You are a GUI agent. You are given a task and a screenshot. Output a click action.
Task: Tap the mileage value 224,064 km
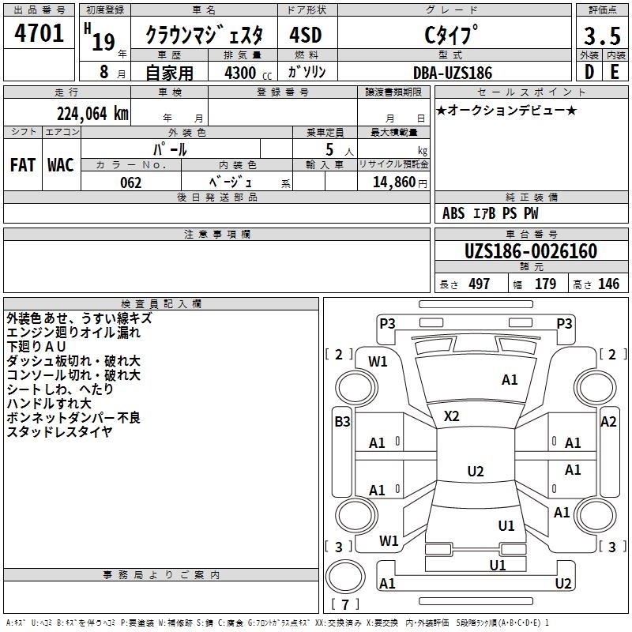pyautogui.click(x=92, y=113)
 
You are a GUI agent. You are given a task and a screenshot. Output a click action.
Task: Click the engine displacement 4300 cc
pyautogui.click(x=241, y=72)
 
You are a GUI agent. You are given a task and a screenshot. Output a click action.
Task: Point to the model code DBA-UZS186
pyautogui.click(x=453, y=72)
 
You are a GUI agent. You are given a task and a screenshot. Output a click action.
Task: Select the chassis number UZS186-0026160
pyautogui.click(x=531, y=251)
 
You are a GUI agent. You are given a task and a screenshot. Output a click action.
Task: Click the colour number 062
pyautogui.click(x=131, y=182)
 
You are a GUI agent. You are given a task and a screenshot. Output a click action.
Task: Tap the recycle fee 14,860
pyautogui.click(x=393, y=182)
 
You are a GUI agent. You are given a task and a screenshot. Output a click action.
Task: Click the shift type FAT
pyautogui.click(x=22, y=164)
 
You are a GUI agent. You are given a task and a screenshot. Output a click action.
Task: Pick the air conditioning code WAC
pyautogui.click(x=60, y=164)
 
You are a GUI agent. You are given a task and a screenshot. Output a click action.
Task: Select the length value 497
pyautogui.click(x=479, y=284)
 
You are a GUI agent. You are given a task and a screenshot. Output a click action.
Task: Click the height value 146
pyautogui.click(x=608, y=284)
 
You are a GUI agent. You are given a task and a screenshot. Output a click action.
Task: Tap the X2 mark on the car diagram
pyautogui.click(x=452, y=416)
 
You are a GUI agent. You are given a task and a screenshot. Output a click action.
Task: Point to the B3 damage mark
pyautogui.click(x=341, y=421)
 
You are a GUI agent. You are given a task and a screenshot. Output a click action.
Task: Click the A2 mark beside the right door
pyautogui.click(x=608, y=421)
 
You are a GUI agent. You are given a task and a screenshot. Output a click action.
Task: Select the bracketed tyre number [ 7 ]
pyautogui.click(x=344, y=604)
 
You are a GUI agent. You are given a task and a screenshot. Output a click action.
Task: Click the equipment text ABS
pyautogui.click(x=453, y=213)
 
